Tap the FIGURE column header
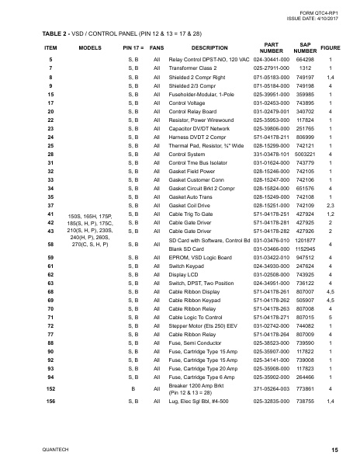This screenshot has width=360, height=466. pos(331,47)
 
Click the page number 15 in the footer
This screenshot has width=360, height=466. pos(334,450)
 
